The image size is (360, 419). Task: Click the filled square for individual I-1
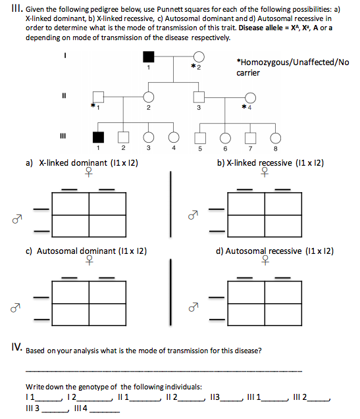(x=149, y=57)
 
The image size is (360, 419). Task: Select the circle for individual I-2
(x=198, y=57)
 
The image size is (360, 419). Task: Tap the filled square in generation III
(x=99, y=137)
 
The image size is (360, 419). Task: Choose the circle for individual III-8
(x=275, y=137)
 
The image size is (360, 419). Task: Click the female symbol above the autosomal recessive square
(x=265, y=261)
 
